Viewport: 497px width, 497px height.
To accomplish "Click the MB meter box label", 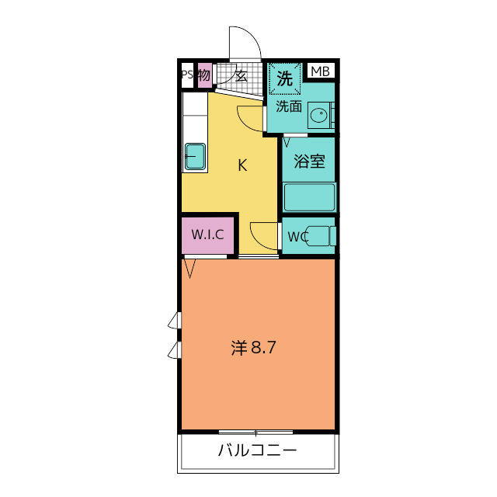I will [x=320, y=72].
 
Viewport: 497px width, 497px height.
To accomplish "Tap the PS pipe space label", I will [x=186, y=75].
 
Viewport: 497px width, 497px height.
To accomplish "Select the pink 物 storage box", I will [x=204, y=75].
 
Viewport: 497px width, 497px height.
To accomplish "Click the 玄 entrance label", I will [x=241, y=76].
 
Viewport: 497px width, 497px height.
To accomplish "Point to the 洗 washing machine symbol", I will [x=285, y=78].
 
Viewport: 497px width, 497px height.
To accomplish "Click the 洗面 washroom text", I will [x=288, y=106].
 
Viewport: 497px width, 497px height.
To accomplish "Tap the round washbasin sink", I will [x=318, y=116].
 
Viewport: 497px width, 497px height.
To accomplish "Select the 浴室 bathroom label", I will [x=309, y=162].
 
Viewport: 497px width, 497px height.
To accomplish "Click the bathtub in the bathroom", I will [x=309, y=197].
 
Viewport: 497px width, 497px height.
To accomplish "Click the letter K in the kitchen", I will [x=242, y=165].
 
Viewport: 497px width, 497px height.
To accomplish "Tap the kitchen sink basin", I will [x=194, y=157].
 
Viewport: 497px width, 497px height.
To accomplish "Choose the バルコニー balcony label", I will [x=257, y=450].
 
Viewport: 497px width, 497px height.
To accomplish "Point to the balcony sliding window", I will [x=255, y=432].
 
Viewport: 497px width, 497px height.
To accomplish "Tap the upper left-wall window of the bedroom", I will [x=176, y=320].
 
